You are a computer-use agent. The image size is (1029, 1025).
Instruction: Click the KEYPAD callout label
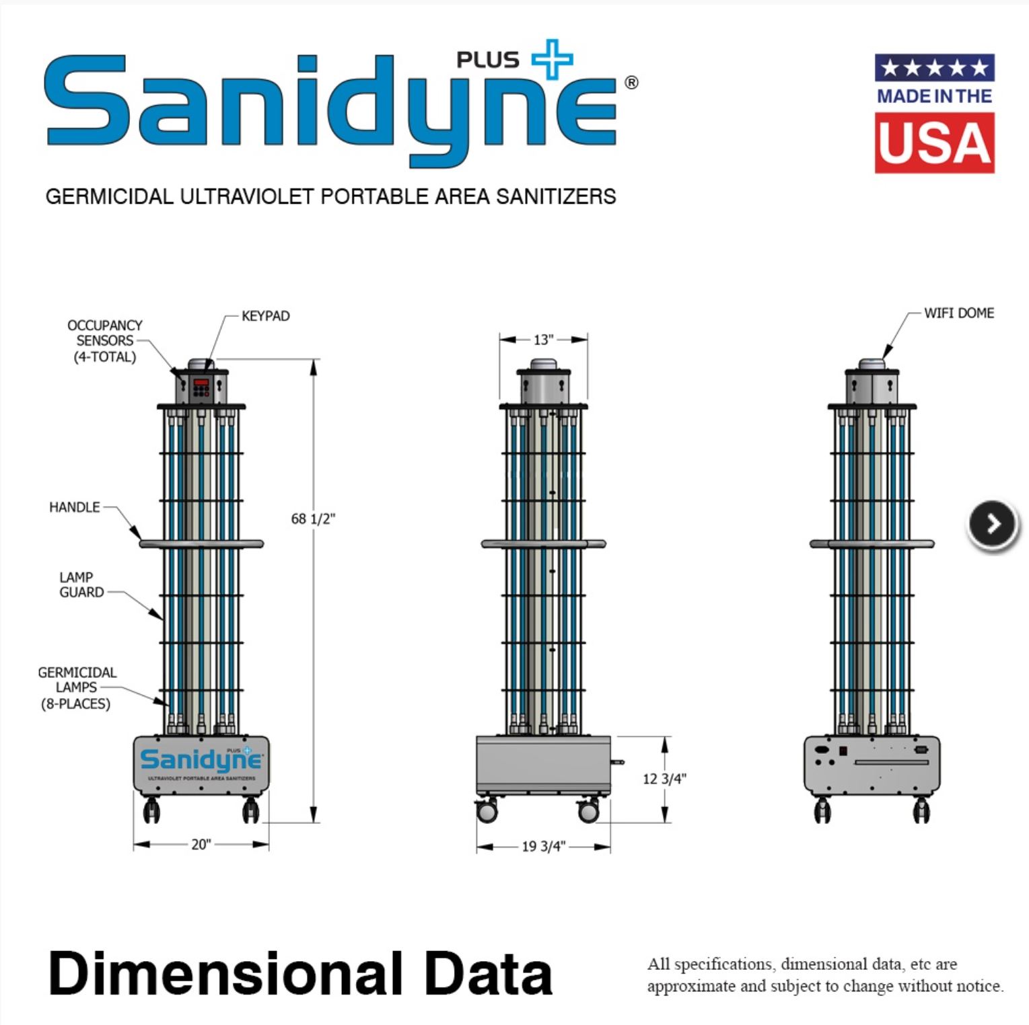pyautogui.click(x=265, y=316)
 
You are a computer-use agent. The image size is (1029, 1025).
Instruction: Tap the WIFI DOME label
pyautogui.click(x=958, y=313)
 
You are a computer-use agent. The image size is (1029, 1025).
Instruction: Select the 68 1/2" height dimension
pyautogui.click(x=313, y=519)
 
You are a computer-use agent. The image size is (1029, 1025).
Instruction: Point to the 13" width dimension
pyautogui.click(x=543, y=340)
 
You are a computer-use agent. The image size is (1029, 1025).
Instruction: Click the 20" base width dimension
pyautogui.click(x=201, y=845)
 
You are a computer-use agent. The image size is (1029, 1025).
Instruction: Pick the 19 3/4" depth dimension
pyautogui.click(x=543, y=846)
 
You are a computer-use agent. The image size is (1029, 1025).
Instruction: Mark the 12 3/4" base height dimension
pyautogui.click(x=664, y=779)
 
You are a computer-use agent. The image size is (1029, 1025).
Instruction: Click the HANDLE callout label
pyautogui.click(x=74, y=507)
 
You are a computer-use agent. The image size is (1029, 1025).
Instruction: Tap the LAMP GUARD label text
pyautogui.click(x=81, y=584)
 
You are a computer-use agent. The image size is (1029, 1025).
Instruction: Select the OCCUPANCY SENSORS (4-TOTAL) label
pyautogui.click(x=105, y=341)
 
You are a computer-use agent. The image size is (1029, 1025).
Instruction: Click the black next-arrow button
pyautogui.click(x=993, y=524)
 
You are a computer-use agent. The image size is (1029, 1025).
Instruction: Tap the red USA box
pyautogui.click(x=934, y=143)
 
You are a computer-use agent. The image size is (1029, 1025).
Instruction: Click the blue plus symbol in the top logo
pyautogui.click(x=553, y=59)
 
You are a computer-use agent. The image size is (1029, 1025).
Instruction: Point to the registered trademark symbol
pyautogui.click(x=631, y=83)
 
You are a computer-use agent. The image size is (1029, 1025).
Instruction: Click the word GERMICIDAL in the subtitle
pyautogui.click(x=109, y=196)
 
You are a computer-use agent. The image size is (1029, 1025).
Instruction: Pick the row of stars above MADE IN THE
pyautogui.click(x=934, y=68)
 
